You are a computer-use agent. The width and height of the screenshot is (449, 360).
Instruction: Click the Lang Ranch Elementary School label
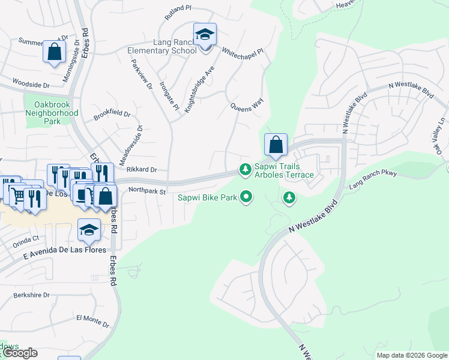click(162, 46)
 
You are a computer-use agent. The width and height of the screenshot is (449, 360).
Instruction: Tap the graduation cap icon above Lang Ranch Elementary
click(205, 35)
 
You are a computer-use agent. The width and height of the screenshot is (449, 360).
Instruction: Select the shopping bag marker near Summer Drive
click(54, 52)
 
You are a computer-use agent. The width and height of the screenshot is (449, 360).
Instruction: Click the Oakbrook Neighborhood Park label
click(52, 113)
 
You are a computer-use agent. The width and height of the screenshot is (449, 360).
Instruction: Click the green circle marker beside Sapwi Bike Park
click(246, 196)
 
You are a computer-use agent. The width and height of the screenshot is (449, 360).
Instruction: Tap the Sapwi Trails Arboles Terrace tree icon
click(245, 170)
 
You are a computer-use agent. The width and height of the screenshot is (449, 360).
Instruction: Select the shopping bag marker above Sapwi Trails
click(276, 145)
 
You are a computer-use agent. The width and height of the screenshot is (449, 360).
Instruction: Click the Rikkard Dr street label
click(142, 170)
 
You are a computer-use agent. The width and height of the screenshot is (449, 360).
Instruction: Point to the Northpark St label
click(146, 191)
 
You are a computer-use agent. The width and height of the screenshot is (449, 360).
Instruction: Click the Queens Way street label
click(247, 107)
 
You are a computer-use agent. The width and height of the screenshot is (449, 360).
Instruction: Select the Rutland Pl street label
click(178, 9)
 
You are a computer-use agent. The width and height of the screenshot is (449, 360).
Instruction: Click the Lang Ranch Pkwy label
click(373, 182)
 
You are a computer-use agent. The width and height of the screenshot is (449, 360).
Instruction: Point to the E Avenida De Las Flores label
click(65, 250)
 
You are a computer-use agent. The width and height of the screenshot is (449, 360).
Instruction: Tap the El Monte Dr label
click(93, 320)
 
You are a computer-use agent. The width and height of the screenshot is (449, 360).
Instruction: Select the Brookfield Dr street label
click(112, 115)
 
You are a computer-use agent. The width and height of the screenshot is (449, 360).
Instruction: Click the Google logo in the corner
click(19, 353)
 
